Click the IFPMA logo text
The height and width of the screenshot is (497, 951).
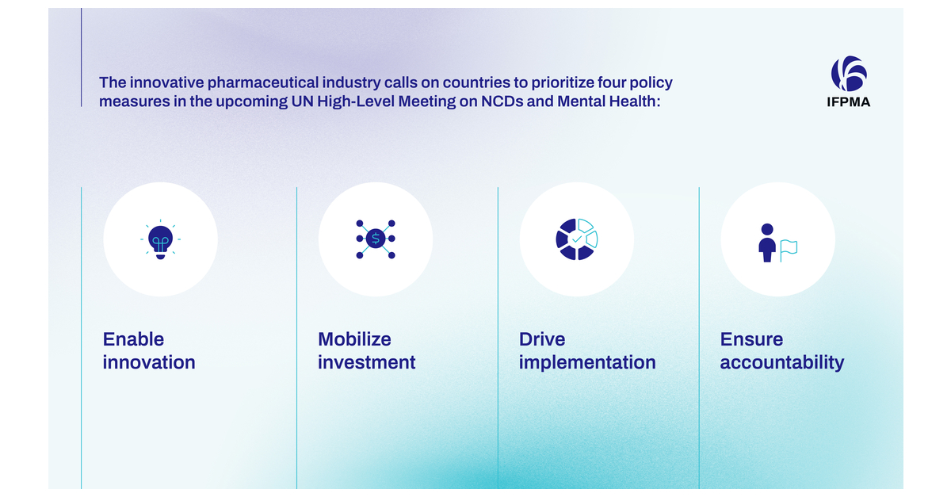coord(848,102)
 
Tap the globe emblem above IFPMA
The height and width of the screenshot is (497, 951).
coord(849,74)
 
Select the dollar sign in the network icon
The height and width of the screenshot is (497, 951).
coord(376,239)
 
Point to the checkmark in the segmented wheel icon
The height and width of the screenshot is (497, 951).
coord(577,239)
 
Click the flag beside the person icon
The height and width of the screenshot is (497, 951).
coord(789,250)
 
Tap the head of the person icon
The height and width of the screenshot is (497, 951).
coord(767,229)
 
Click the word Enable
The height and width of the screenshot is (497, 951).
coord(133,339)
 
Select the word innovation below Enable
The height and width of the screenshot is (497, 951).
coord(149,362)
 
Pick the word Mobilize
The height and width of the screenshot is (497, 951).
coord(354,339)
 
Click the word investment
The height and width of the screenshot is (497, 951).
coord(367,362)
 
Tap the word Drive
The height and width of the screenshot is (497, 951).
coord(542,339)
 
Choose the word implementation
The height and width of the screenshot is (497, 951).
coord(587,363)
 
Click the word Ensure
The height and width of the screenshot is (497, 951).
coord(751,339)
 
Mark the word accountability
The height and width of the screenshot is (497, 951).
coord(782,363)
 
